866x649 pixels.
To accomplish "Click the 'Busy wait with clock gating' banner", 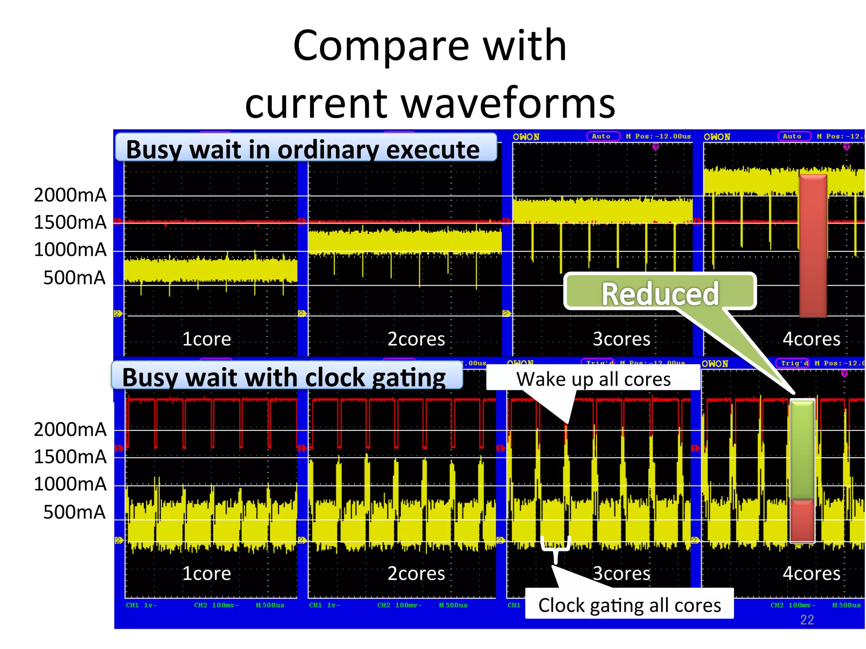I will [x=287, y=376].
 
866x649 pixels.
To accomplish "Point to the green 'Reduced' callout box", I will [x=660, y=292].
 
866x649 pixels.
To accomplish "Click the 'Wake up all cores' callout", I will [x=593, y=379].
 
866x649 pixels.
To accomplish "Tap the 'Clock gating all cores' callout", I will [x=629, y=605].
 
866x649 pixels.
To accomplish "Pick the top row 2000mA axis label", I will [x=70, y=195].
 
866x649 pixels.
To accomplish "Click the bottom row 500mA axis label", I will [x=74, y=512].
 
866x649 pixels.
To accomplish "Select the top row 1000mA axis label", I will [x=70, y=249].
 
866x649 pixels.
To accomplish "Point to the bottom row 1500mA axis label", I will [x=70, y=457].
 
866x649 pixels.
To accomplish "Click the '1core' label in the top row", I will [x=207, y=338].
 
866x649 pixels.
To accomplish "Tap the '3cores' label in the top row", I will [x=621, y=338].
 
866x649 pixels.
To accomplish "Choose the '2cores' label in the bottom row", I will [x=416, y=573].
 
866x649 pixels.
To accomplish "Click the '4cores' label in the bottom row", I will [x=811, y=573].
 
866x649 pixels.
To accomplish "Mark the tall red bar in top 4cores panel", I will [x=813, y=245].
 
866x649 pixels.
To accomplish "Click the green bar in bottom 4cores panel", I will [x=802, y=450].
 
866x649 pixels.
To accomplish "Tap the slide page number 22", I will [x=807, y=619].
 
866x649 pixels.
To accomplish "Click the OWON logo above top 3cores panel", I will [x=526, y=137].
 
